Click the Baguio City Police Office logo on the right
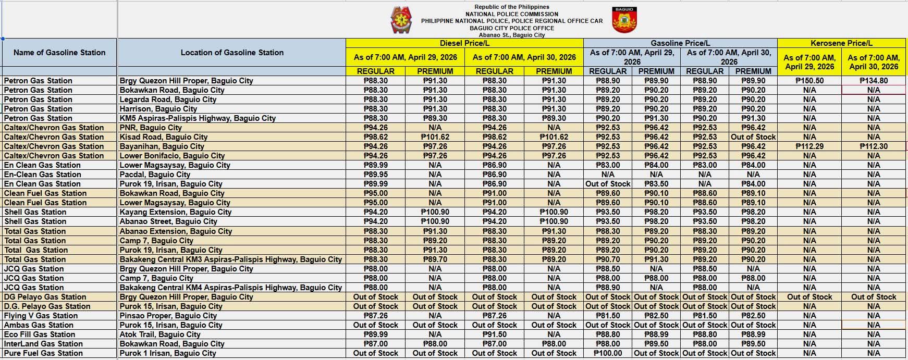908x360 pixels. [624, 20]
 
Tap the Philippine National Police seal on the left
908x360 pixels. [401, 20]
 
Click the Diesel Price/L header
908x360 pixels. [464, 43]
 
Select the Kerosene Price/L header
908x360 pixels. [841, 43]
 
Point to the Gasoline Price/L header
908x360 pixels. [680, 43]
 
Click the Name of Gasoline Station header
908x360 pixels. [59, 53]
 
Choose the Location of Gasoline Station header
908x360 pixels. [232, 53]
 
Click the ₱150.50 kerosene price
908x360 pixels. [809, 81]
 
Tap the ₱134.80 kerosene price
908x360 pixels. [874, 81]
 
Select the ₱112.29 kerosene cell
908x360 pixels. [809, 146]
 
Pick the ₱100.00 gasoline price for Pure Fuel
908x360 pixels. [608, 353]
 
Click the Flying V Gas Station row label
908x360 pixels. [41, 316]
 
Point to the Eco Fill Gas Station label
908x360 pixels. [40, 334]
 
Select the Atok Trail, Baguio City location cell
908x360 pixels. [160, 334]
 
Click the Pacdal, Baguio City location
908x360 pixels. [155, 175]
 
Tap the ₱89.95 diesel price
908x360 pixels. [375, 175]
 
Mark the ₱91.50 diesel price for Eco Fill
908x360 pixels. [494, 334]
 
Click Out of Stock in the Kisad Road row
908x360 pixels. [753, 137]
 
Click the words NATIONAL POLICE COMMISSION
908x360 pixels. [512, 14]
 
